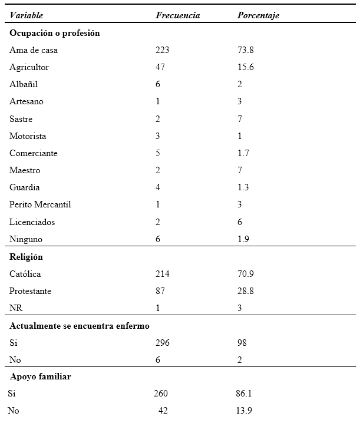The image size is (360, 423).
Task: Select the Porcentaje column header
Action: (258, 15)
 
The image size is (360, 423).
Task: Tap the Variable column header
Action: (26, 15)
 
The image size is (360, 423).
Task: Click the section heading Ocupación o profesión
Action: (54, 33)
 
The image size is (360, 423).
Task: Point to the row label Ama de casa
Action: (34, 50)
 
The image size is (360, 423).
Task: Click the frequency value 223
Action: (162, 50)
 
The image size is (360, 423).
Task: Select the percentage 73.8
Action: (245, 50)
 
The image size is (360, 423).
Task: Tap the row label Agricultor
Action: (29, 67)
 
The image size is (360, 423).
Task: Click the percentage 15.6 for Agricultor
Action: (245, 67)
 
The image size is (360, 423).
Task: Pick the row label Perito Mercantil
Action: (40, 204)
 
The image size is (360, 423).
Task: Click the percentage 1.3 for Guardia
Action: (243, 187)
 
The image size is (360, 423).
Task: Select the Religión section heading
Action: (26, 257)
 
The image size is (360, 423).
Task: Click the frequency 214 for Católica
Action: (162, 274)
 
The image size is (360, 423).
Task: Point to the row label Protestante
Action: (30, 291)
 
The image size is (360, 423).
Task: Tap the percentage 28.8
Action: (245, 291)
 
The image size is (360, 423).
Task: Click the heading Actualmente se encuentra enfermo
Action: (80, 325)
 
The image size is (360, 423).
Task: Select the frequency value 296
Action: (162, 342)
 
